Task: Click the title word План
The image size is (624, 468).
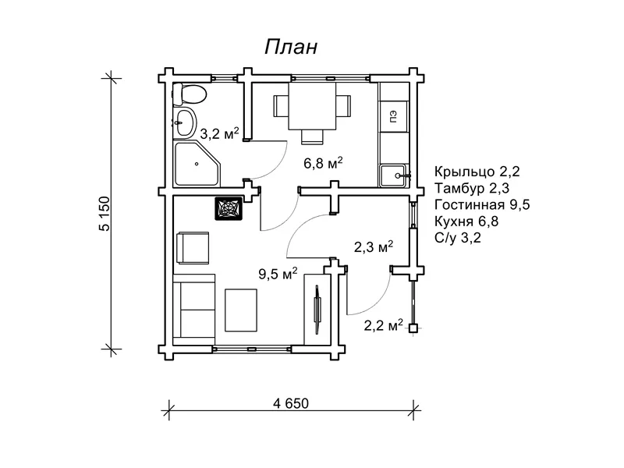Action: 291,47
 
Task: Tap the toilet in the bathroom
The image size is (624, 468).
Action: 189,94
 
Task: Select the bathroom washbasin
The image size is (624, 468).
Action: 185,122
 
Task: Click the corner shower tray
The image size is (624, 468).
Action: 197,163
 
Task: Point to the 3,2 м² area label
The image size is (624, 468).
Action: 219,133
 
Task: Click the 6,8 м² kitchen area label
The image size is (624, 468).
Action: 323,163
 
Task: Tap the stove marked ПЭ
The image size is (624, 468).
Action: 394,116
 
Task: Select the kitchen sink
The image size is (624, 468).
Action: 393,175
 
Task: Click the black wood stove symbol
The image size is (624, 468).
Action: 229,208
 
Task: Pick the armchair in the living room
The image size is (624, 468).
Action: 193,248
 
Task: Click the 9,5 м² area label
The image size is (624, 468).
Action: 278,274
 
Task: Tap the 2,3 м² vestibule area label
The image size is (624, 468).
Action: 374,246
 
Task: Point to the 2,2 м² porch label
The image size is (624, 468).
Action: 383,325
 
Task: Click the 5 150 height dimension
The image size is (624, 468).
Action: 105,214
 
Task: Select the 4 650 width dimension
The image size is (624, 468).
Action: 291,403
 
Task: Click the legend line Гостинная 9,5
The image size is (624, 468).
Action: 482,204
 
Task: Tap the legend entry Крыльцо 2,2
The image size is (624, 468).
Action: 477,172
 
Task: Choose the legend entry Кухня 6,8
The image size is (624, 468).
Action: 466,221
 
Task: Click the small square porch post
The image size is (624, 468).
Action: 414,328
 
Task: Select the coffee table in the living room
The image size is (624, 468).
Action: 241,310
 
